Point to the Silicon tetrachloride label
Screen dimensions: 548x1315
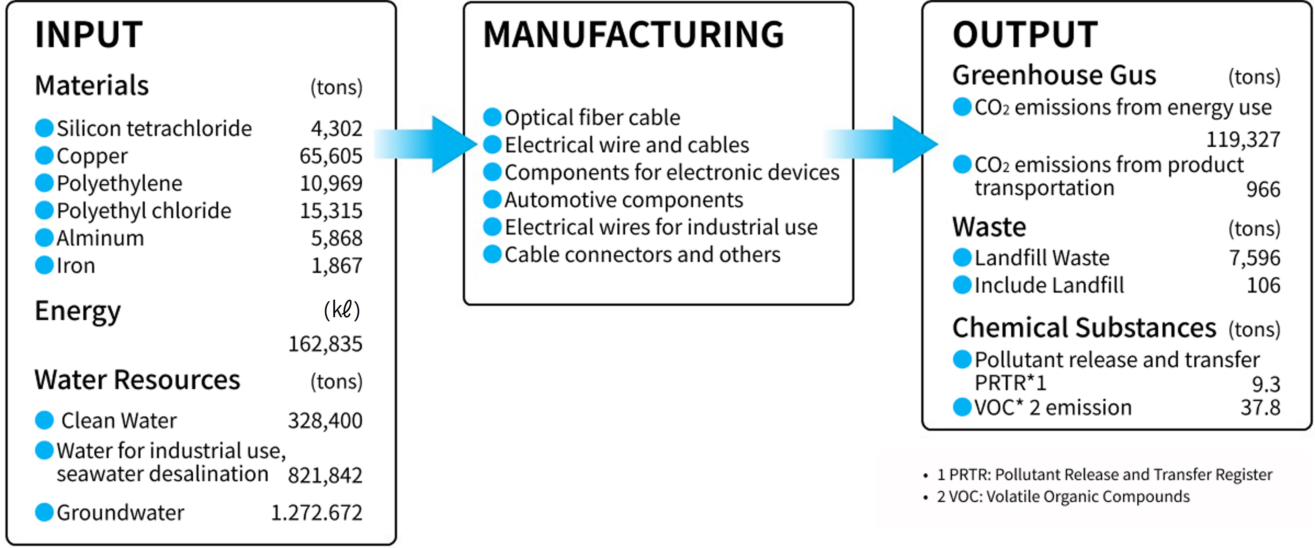point(154,128)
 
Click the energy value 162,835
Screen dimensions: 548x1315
point(325,344)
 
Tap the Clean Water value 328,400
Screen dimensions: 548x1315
point(325,421)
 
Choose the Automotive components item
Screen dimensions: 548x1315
point(624,200)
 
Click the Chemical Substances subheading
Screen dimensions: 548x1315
point(1084,328)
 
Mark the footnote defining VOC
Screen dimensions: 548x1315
point(1063,496)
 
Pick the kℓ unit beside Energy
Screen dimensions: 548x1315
point(342,310)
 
